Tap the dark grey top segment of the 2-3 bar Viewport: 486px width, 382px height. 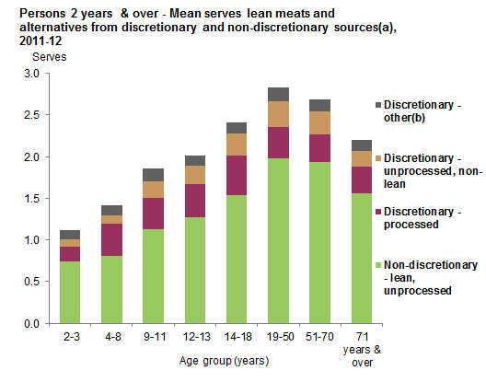(x=70, y=235)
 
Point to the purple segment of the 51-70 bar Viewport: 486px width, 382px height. (x=319, y=148)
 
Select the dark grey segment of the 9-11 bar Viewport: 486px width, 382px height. (x=154, y=175)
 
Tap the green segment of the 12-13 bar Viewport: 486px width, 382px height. (x=195, y=271)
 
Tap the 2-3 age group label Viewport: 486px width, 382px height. (x=70, y=338)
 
